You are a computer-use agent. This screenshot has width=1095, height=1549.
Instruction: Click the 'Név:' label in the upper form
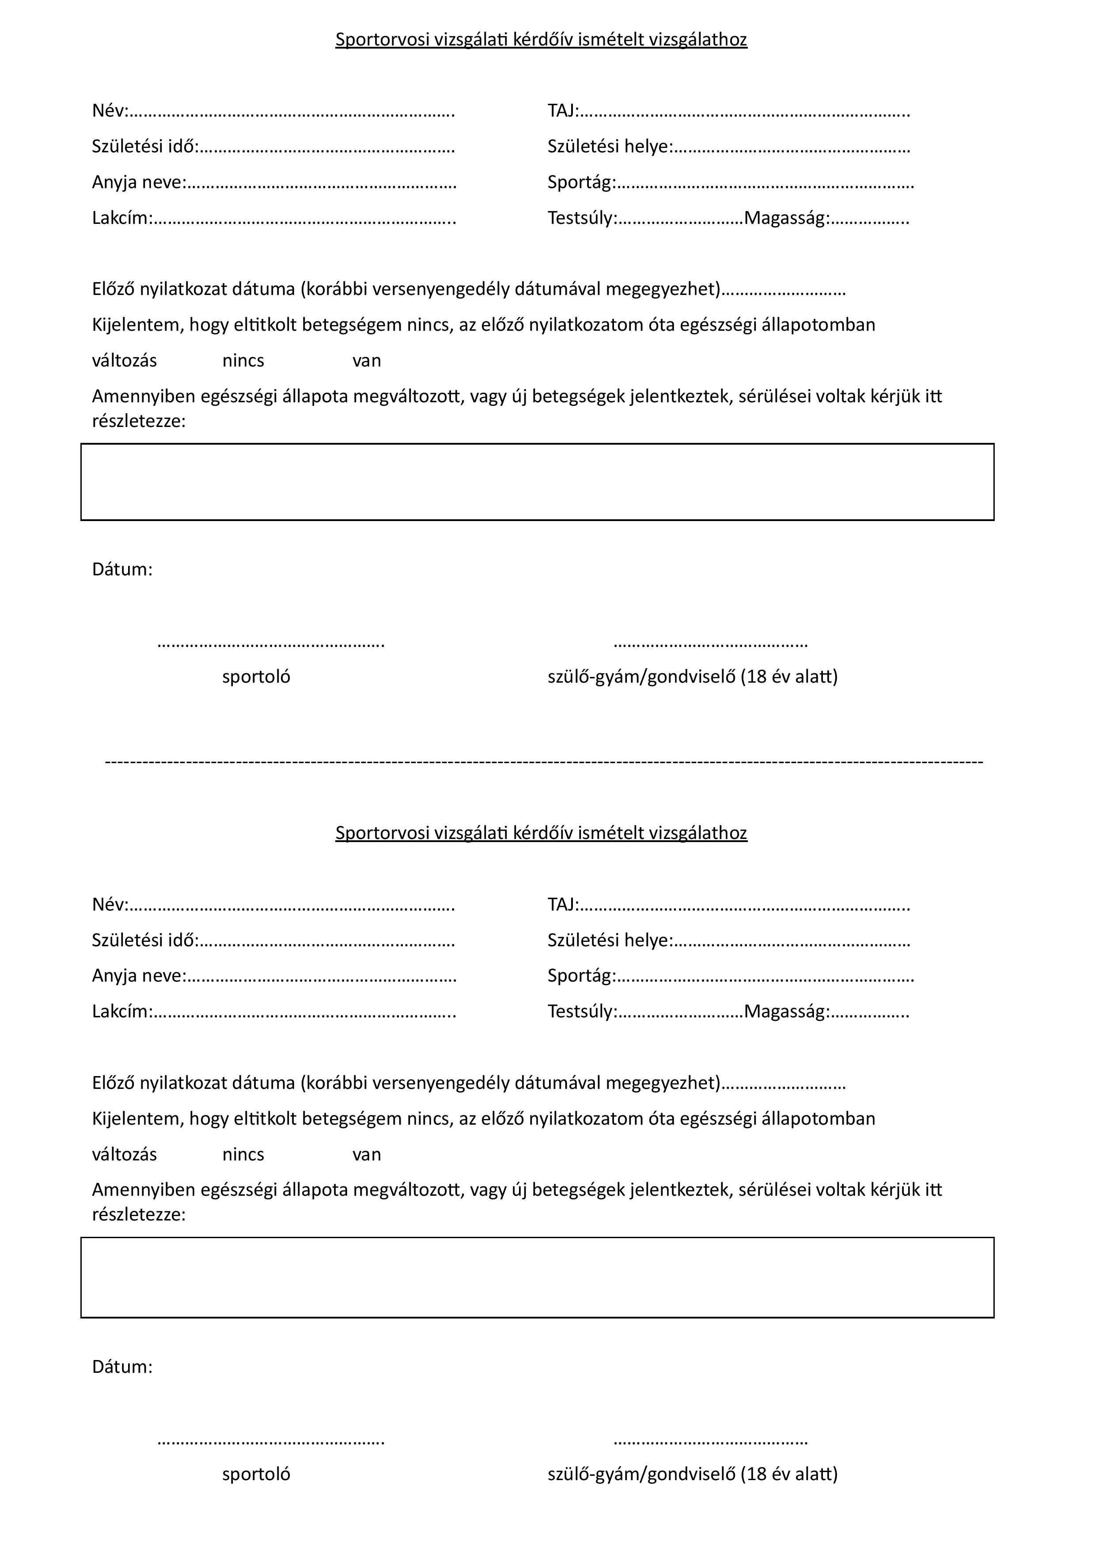(x=109, y=111)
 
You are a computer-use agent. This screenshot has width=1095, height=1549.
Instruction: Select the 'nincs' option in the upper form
(x=243, y=361)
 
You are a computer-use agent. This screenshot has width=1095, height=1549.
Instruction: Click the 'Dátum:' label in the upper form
(x=122, y=570)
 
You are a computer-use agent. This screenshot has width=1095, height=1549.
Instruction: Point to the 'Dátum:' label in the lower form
(x=122, y=1367)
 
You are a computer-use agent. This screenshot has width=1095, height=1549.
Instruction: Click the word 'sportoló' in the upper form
(x=256, y=676)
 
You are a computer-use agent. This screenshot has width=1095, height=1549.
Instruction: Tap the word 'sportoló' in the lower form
(x=256, y=1474)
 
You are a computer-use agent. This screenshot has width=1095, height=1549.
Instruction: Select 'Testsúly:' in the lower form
(x=582, y=1012)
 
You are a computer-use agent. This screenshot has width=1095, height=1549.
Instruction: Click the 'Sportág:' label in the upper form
(x=582, y=183)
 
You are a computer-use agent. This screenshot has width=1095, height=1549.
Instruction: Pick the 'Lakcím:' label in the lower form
(x=122, y=1012)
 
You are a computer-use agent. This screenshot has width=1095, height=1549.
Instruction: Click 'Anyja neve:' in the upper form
(x=138, y=182)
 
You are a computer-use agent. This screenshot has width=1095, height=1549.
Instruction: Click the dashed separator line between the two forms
(x=544, y=762)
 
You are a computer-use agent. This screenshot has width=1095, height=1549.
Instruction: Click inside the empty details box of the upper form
(x=537, y=482)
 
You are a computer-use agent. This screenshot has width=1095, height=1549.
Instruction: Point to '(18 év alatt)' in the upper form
(x=789, y=676)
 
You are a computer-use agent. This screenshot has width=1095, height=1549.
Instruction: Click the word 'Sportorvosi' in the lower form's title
(x=382, y=833)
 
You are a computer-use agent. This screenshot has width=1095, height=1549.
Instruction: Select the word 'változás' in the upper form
(x=124, y=361)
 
